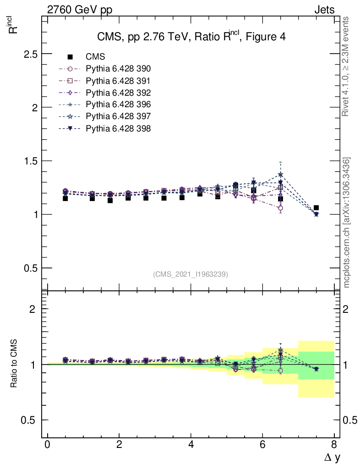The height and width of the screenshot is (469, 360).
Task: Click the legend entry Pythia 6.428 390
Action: [x=118, y=69]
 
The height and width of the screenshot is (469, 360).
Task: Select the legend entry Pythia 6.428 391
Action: [x=118, y=81]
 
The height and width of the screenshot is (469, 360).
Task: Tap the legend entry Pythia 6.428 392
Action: [x=118, y=93]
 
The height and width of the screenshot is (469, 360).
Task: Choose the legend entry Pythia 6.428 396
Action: [x=118, y=105]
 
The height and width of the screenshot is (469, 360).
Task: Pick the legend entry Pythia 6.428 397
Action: [x=118, y=117]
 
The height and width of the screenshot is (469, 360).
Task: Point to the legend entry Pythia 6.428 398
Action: [x=118, y=129]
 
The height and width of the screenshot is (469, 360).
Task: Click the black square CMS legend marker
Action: [x=70, y=57]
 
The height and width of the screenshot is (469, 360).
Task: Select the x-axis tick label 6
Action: [x=262, y=445]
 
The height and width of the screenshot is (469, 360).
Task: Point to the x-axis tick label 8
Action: [x=334, y=445]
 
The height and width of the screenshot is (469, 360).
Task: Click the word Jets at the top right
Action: [x=324, y=10]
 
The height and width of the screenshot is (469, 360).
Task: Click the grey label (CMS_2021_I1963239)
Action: [x=191, y=274]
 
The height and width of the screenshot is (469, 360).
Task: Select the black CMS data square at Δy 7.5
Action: [x=316, y=208]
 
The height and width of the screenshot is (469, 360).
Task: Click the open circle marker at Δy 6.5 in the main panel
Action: [x=280, y=208]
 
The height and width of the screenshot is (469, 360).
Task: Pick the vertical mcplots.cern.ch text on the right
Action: [x=347, y=223]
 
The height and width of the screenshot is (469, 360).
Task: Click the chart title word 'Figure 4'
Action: [x=265, y=38]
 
